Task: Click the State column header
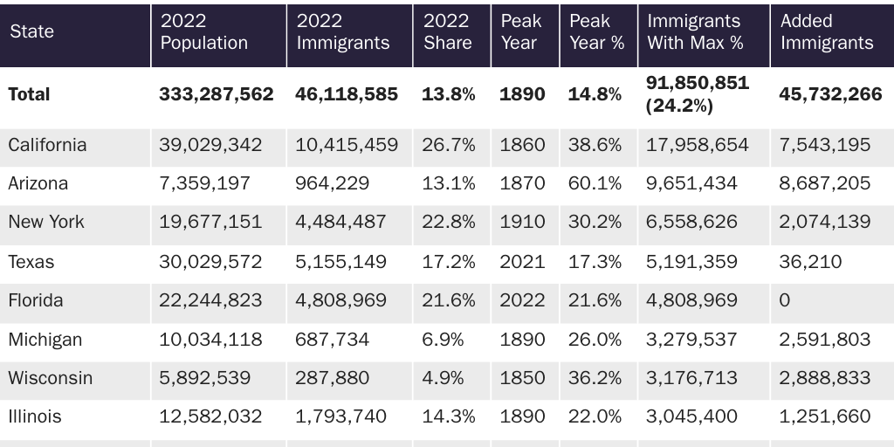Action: (x=31, y=31)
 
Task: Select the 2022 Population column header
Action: (x=203, y=32)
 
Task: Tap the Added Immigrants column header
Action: (x=826, y=32)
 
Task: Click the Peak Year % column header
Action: (x=596, y=32)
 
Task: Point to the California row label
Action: (x=47, y=145)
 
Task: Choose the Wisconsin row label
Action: (x=50, y=378)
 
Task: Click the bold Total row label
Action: (x=29, y=94)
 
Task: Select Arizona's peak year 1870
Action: (x=522, y=183)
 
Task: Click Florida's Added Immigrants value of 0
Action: (x=784, y=300)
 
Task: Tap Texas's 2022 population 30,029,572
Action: (x=210, y=262)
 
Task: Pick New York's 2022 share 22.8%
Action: (x=448, y=222)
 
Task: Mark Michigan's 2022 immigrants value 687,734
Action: (x=332, y=340)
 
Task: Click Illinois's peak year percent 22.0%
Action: (x=595, y=416)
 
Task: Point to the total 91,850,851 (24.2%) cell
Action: (x=697, y=94)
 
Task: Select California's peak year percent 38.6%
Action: (x=595, y=145)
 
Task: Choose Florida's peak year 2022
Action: (x=522, y=300)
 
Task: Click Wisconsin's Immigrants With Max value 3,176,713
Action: (x=691, y=378)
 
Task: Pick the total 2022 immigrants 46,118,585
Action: (x=346, y=94)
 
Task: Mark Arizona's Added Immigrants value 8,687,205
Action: (x=824, y=183)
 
